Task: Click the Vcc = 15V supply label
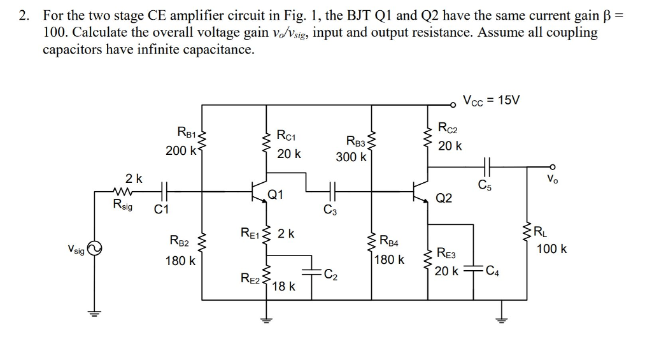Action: pyautogui.click(x=492, y=100)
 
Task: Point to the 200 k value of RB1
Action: pyautogui.click(x=181, y=150)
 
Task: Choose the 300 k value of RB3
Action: pyautogui.click(x=351, y=156)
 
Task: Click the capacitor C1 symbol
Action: pyautogui.click(x=164, y=190)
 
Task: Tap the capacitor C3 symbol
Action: pyautogui.click(x=330, y=190)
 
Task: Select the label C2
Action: pyautogui.click(x=330, y=275)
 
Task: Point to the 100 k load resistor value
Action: pyautogui.click(x=551, y=248)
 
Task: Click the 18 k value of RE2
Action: pyautogui.click(x=283, y=287)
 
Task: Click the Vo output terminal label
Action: pyautogui.click(x=552, y=179)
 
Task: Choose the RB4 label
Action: pyautogui.click(x=388, y=241)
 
